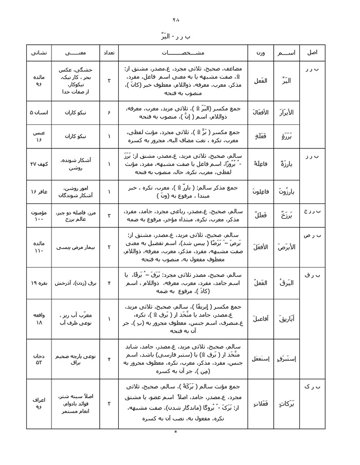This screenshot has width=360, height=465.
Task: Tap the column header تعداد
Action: pos(109,53)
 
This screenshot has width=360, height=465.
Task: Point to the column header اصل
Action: pos(312,53)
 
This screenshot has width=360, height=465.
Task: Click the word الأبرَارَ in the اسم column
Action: pos(287,112)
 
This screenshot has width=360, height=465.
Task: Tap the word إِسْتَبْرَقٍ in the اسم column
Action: pos(287,358)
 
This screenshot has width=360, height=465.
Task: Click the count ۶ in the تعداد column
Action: pos(109,112)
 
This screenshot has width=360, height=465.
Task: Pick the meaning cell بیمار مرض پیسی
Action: pos(75,247)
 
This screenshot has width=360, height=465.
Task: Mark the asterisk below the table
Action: pos(175,432)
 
